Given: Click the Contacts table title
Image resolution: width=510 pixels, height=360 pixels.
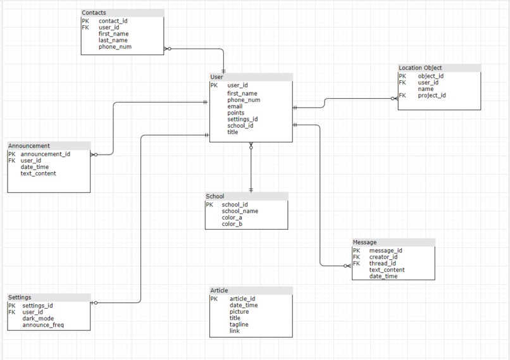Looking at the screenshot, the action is click(x=94, y=13).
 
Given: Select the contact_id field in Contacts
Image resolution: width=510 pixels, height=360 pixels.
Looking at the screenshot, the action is click(x=113, y=21).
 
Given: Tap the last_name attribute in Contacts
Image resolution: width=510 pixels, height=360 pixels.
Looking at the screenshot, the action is click(x=113, y=40).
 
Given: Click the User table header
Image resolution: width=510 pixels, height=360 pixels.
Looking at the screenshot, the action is click(x=216, y=77).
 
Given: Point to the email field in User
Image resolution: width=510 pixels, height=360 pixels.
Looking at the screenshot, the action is click(x=235, y=106).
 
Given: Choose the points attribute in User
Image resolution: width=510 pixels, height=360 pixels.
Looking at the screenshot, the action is click(x=235, y=113).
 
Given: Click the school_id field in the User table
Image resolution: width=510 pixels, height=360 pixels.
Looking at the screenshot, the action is click(x=240, y=125).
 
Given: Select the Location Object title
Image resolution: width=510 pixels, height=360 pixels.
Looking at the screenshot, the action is click(x=420, y=68).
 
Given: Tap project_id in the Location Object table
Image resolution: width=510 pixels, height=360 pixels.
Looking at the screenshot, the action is click(x=432, y=96).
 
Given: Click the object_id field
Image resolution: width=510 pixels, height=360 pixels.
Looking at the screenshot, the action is click(x=431, y=76).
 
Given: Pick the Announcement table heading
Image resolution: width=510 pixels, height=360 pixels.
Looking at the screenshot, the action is click(x=29, y=146).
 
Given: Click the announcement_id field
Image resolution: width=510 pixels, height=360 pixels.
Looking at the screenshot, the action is click(x=45, y=154).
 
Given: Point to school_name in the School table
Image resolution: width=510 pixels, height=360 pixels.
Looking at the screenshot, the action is click(x=240, y=211).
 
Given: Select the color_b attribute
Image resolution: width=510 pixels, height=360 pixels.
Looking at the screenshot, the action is click(x=232, y=224).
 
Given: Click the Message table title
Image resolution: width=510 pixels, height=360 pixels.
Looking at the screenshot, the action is click(x=364, y=242).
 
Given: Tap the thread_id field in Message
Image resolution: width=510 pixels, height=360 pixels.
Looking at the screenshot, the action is click(x=382, y=263).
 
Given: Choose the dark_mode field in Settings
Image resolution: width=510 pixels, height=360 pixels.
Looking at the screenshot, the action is click(x=38, y=318).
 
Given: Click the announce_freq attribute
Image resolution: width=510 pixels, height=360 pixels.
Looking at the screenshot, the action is click(x=43, y=325).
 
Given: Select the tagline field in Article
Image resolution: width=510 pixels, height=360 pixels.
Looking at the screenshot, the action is click(x=239, y=325).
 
